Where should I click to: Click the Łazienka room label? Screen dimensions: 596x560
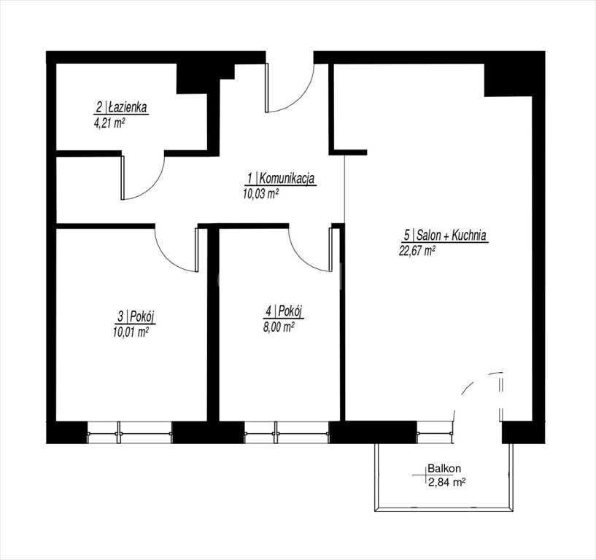pyautogui.click(x=121, y=107)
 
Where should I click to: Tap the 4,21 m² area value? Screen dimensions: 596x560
pyautogui.click(x=110, y=122)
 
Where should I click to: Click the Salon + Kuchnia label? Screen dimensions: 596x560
pyautogui.click(x=445, y=236)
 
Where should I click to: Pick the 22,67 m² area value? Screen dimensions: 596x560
pyautogui.click(x=417, y=251)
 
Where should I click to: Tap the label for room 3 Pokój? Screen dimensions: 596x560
pyautogui.click(x=136, y=316)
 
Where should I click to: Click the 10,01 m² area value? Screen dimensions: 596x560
pyautogui.click(x=131, y=332)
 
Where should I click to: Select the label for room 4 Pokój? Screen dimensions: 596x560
pyautogui.click(x=284, y=312)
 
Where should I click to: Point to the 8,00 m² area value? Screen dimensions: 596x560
pyautogui.click(x=279, y=327)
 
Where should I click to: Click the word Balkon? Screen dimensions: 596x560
pyautogui.click(x=444, y=468)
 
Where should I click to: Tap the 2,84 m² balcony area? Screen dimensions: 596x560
pyautogui.click(x=447, y=483)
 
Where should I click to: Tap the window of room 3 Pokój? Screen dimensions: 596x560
pyautogui.click(x=129, y=432)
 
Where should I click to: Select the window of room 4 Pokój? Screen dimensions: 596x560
pyautogui.click(x=287, y=432)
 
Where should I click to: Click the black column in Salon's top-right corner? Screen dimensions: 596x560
pyautogui.click(x=508, y=80)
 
